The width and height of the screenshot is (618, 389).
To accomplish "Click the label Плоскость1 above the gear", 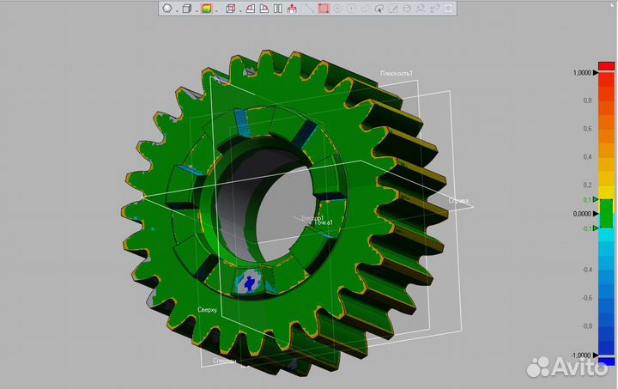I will pos(397,74).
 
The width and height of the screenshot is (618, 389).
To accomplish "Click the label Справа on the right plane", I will pos(458,201).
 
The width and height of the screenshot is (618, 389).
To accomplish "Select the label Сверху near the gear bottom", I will pos(208,309).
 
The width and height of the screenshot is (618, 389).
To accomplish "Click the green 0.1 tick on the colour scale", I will pos(588,199).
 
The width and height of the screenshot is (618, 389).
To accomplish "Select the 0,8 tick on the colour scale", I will pos(588,100).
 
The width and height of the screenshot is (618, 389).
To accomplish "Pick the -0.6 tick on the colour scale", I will pos(587,298).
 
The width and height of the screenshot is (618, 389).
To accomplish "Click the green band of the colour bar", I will pos(607,214).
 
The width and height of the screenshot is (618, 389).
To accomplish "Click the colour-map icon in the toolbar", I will pos(206,9).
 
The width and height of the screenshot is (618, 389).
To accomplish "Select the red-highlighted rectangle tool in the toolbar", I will pos(324,9).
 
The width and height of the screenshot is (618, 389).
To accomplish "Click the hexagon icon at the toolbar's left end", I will pos(167,9).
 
